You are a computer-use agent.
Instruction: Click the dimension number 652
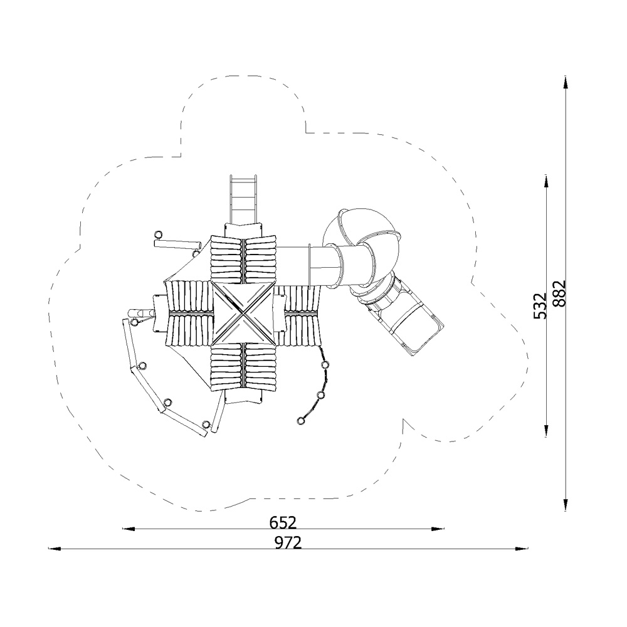[x=283, y=522]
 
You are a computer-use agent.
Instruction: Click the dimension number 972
[x=288, y=542]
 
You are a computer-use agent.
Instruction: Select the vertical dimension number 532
[x=540, y=306]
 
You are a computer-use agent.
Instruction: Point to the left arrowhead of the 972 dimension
[x=55, y=549]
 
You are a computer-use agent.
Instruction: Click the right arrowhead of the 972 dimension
[x=522, y=549]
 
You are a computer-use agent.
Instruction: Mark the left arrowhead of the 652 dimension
[x=129, y=529]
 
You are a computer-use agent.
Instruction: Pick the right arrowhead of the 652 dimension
[x=438, y=529]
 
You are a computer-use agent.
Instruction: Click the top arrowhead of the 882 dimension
[x=566, y=82]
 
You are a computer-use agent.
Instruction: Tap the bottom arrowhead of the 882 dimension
[x=566, y=505]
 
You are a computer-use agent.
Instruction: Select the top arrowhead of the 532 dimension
[x=546, y=181]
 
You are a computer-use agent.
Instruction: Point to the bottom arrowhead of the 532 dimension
[x=546, y=431]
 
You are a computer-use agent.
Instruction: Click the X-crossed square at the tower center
[x=243, y=313]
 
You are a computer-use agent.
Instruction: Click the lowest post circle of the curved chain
[x=301, y=421]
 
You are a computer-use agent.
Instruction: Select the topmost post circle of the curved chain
[x=325, y=365]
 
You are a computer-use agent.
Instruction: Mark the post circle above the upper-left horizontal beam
[x=159, y=234]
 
